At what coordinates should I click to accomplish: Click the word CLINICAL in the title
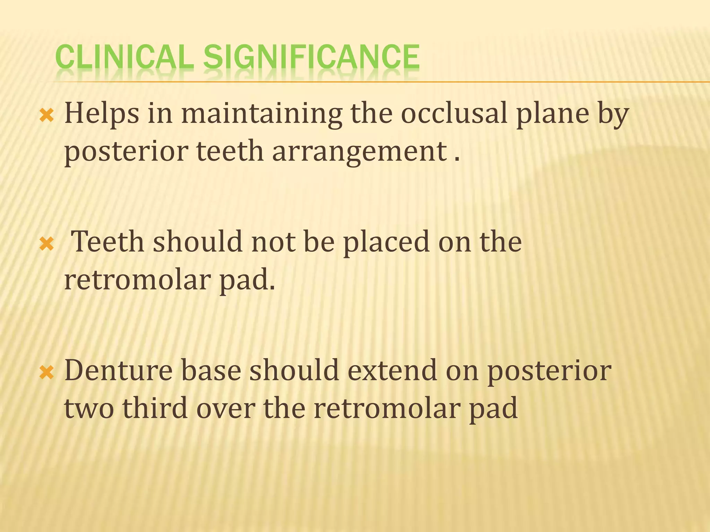point(124,57)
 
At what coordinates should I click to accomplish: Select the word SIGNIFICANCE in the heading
point(311,57)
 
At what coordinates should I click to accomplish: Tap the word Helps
point(102,113)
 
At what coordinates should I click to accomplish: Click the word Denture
point(118,370)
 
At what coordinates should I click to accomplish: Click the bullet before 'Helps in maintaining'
point(47,115)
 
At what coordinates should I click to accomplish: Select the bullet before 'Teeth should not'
point(47,244)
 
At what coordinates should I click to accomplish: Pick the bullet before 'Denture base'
point(47,373)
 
